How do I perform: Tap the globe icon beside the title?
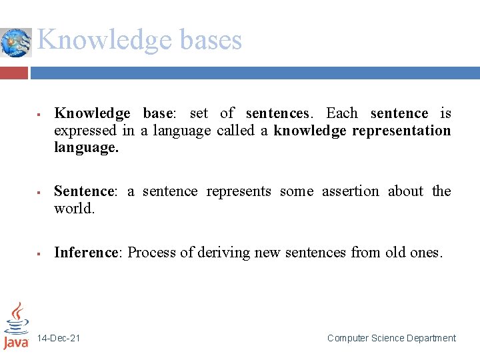coord(15,43)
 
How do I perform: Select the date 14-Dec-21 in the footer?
coord(59,339)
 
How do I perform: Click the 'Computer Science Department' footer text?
coord(391,339)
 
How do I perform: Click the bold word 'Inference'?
coord(85,253)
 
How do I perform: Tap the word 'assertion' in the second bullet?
coord(351,191)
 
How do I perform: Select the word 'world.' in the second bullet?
coord(75,209)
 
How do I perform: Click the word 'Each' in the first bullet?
coord(341,113)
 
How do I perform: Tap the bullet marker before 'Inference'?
coord(40,253)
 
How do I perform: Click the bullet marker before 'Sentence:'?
coord(40,192)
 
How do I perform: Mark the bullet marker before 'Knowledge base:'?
coord(40,114)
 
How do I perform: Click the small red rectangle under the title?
coord(14,72)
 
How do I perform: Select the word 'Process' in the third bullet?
coord(151,253)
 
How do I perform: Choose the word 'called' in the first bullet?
coord(235,131)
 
